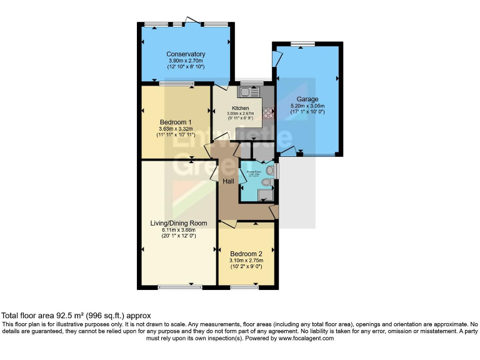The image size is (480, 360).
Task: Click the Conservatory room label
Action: point(186,54)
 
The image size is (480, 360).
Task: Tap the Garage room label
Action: point(307,99)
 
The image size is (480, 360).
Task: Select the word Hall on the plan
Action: point(228,181)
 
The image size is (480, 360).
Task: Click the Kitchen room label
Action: point(241,108)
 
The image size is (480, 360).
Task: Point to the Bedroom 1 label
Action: point(176,122)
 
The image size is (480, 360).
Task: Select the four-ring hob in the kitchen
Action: point(269,113)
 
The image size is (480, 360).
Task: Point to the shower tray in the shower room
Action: point(264,196)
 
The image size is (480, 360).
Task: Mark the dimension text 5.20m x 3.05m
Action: point(307,106)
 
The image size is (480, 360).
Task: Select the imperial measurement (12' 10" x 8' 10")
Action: point(186,67)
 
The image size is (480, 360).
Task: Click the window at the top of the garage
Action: point(303,44)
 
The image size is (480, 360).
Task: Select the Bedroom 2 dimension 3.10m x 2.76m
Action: point(246,261)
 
